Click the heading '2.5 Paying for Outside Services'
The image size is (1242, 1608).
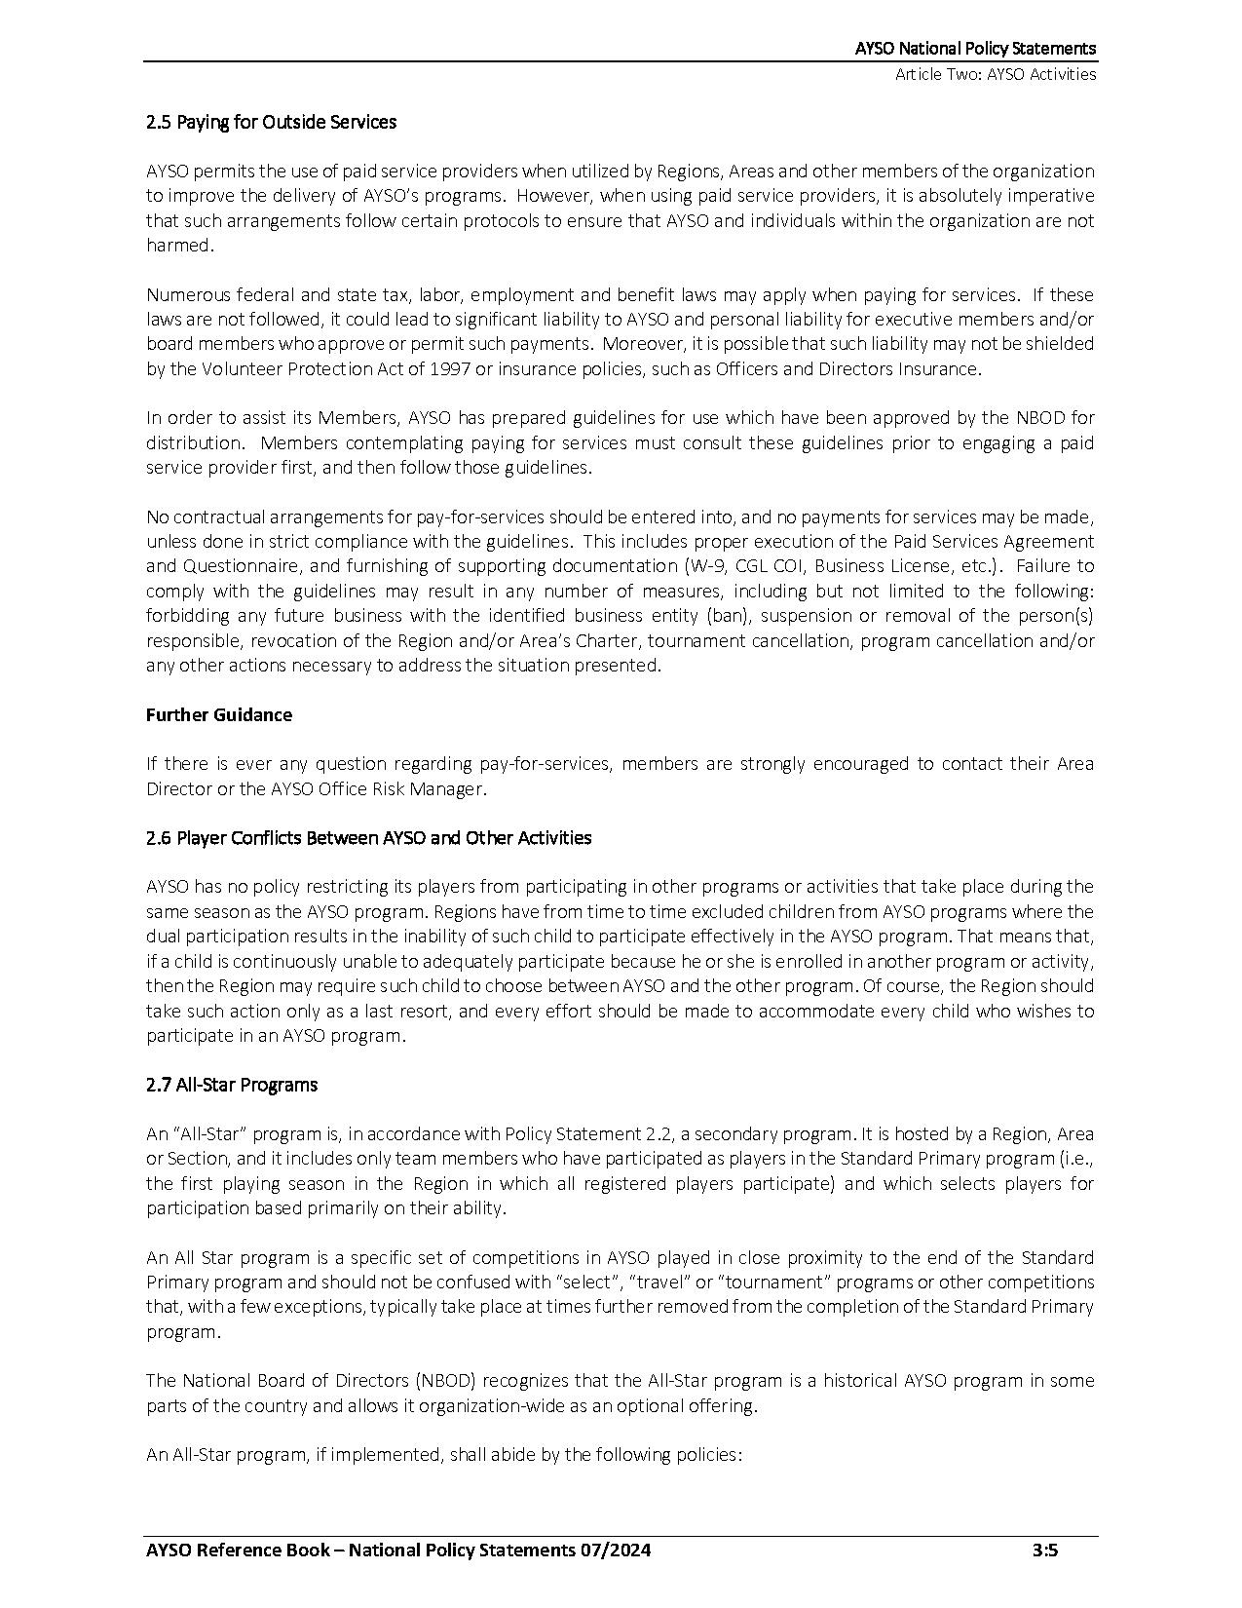271,122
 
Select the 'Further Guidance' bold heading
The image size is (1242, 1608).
218,714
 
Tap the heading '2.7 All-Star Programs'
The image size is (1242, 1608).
231,1085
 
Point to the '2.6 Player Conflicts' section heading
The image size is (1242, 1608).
368,837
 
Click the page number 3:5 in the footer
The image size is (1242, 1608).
1045,1551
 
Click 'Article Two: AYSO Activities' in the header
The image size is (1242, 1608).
996,74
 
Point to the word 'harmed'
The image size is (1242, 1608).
177,246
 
